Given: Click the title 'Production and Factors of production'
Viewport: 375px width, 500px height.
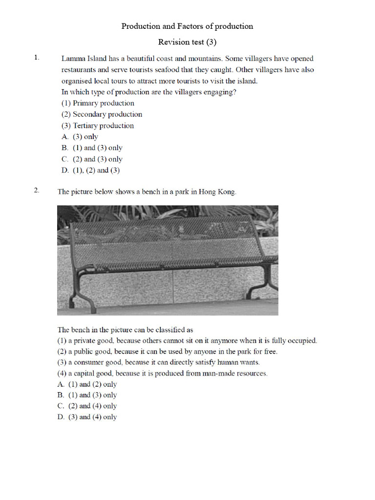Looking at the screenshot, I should click(x=187, y=26).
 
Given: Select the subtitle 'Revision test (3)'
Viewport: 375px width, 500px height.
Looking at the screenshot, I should click(x=187, y=42).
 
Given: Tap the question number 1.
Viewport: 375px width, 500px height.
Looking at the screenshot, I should click(x=36, y=58).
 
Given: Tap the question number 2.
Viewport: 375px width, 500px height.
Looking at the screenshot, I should click(x=36, y=190).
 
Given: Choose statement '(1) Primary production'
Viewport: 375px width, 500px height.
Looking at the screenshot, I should click(x=98, y=103).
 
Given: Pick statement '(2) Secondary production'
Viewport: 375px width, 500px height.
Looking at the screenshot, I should click(x=102, y=114).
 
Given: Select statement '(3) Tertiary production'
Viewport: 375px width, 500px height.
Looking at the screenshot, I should click(x=98, y=125).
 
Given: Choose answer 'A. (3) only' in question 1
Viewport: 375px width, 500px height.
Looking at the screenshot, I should click(x=80, y=137).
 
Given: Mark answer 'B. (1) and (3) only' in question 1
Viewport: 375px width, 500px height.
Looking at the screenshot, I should click(x=92, y=148).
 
